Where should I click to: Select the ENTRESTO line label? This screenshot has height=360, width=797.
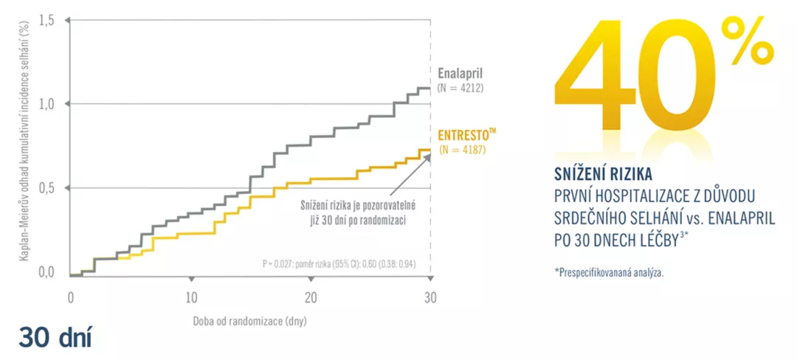466,135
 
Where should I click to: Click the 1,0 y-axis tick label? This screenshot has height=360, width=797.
46,105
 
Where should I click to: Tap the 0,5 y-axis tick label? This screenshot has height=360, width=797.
46,189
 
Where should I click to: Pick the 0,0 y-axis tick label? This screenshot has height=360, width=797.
46,273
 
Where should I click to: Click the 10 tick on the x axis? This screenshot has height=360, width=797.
190,297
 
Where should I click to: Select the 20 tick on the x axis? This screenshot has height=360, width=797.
311,297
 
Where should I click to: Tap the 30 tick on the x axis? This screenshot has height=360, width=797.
431,297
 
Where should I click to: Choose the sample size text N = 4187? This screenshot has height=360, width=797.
463,150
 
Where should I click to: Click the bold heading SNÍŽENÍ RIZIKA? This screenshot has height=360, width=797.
602,175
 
